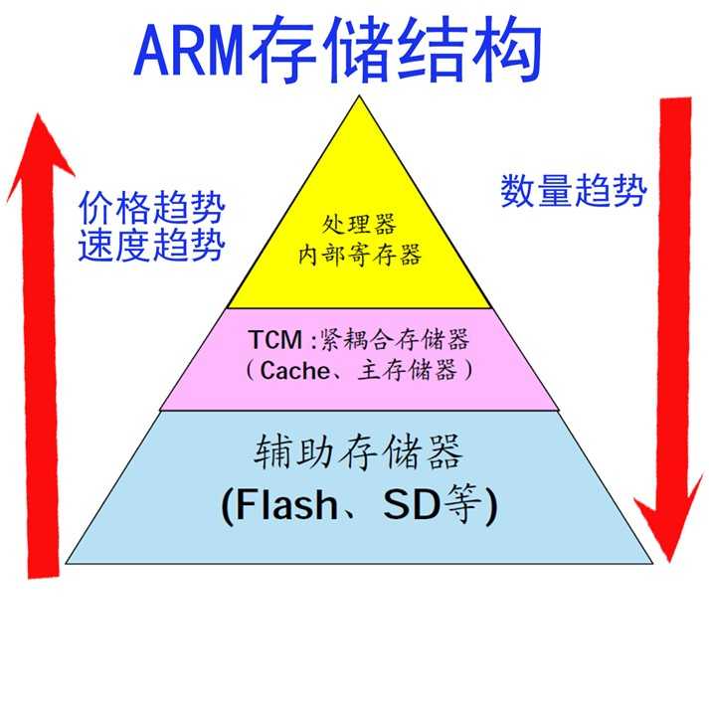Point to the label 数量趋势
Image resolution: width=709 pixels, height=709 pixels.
pyautogui.click(x=574, y=189)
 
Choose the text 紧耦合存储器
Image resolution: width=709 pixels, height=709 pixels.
pyautogui.click(x=394, y=339)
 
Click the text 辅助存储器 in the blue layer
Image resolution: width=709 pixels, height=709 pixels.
pyautogui.click(x=358, y=454)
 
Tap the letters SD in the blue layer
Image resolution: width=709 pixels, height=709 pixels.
pyautogui.click(x=415, y=507)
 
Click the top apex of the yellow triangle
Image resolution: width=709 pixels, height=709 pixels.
pyautogui.click(x=359, y=95)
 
